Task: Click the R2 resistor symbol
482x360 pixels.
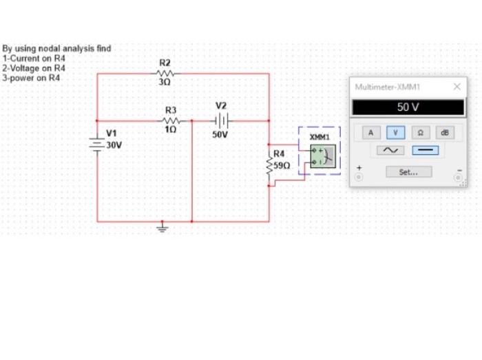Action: pos(165,73)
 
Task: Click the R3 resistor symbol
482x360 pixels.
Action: pos(171,120)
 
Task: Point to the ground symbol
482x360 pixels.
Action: pos(163,227)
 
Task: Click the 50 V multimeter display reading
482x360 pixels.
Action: pos(408,108)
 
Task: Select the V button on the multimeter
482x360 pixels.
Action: pos(395,132)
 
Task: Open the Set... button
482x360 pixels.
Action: pos(408,172)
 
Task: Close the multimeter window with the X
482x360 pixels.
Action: pos(457,87)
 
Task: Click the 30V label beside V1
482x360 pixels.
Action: pos(114,145)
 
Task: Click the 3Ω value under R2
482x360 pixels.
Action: pos(164,82)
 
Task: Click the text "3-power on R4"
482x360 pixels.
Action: pos(32,78)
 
